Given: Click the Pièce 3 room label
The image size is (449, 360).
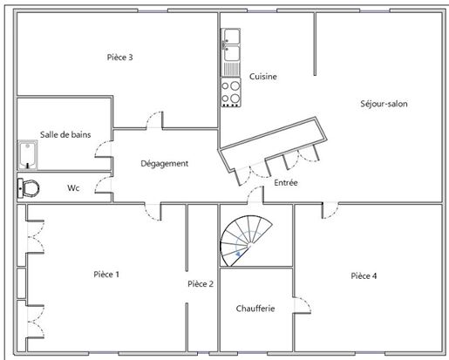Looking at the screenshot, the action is (x=119, y=58).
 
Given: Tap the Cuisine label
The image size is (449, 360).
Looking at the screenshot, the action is (x=263, y=77).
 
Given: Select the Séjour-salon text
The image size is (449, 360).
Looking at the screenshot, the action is (x=384, y=104).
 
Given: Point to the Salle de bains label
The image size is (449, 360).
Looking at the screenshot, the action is (x=65, y=134).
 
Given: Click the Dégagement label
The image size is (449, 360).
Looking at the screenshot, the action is (x=165, y=164).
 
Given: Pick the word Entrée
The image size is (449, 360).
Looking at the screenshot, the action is (x=286, y=183).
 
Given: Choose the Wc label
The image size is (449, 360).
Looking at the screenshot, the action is (x=73, y=188).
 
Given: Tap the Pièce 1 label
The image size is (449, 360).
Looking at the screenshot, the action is (x=106, y=275).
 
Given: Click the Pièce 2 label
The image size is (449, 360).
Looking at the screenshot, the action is (x=201, y=284).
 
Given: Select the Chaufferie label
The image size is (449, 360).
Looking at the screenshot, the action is (x=255, y=309).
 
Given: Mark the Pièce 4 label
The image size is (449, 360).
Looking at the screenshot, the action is (x=364, y=275).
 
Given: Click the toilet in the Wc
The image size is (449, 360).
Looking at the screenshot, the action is (x=29, y=188).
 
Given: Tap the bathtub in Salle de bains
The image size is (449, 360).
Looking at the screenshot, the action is (x=28, y=155).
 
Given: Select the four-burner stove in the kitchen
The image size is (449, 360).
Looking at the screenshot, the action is (x=231, y=92).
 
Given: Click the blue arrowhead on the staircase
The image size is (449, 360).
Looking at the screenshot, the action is (x=238, y=255).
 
